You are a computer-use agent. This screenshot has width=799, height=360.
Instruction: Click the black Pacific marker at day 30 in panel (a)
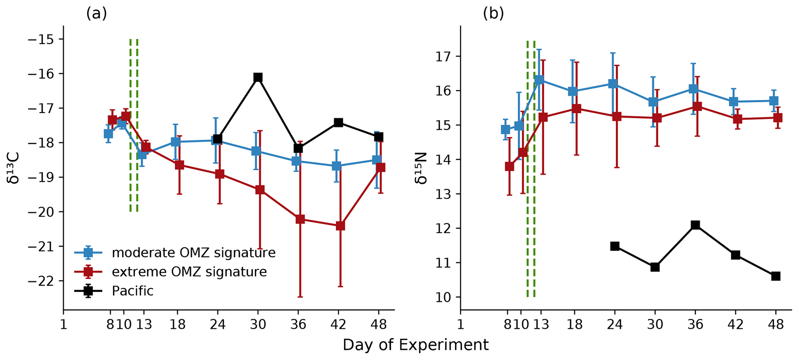point(258,77)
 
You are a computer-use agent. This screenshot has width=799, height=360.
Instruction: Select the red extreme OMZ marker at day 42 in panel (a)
point(340,226)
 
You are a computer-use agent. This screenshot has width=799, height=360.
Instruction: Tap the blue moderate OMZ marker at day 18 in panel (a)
point(175,142)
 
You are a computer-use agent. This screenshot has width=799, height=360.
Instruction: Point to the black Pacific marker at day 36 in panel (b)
point(695,225)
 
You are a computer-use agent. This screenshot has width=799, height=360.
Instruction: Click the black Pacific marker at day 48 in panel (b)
point(775,276)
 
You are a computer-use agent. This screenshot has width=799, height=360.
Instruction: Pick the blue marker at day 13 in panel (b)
point(539,80)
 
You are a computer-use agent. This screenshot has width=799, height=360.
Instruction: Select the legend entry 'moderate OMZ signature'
point(193,253)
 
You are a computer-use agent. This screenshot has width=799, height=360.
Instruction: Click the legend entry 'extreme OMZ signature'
point(189,272)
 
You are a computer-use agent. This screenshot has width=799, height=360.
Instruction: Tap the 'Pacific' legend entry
point(133,291)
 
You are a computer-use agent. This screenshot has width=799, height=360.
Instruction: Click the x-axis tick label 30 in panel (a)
point(258,324)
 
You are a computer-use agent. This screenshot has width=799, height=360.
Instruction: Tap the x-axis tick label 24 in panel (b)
point(615,324)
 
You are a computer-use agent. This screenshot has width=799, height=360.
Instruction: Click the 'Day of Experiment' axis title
point(416,345)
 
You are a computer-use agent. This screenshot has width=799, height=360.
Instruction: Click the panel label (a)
point(96,14)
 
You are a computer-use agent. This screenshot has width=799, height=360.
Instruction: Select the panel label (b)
point(493,14)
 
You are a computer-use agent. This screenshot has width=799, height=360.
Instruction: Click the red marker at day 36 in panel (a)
point(300,219)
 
